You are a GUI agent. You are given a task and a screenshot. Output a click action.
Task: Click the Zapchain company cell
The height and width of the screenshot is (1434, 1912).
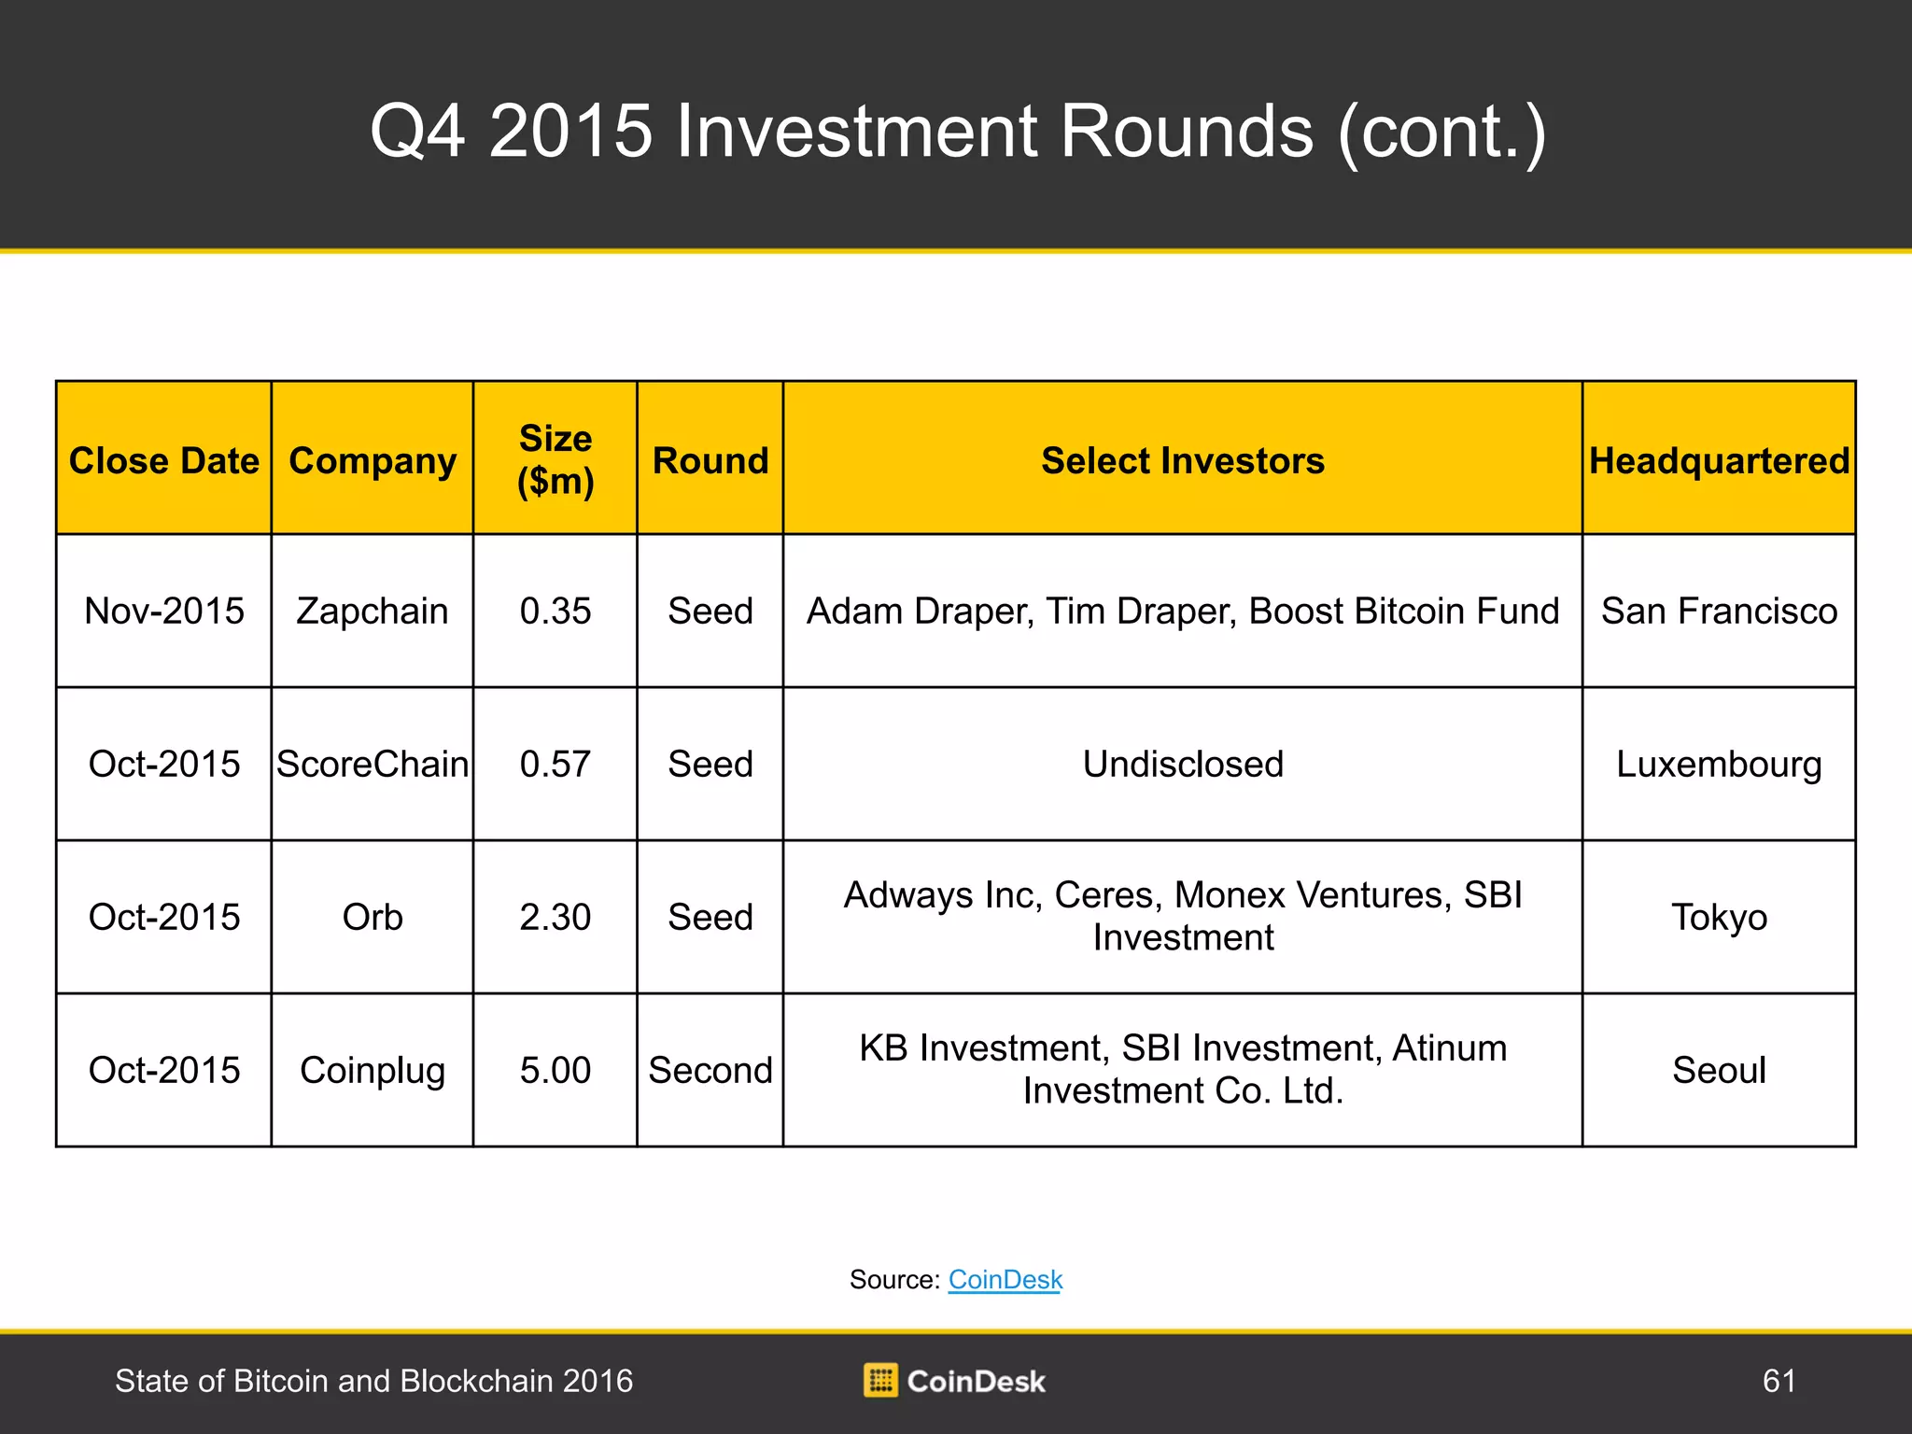coord(373,612)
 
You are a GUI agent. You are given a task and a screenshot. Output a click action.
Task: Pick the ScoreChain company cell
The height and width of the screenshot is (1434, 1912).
coord(373,764)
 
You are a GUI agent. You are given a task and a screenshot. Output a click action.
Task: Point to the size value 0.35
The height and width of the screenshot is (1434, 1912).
coord(555,612)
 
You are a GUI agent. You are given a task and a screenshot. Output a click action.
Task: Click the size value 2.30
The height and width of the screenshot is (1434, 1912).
coord(555,917)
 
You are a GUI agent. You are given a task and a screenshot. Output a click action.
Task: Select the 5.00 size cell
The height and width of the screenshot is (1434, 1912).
coord(555,1070)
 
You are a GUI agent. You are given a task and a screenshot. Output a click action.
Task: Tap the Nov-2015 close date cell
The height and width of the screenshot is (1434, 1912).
coord(164,612)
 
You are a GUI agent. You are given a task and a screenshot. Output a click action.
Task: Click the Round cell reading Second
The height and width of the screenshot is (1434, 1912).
coord(710,1070)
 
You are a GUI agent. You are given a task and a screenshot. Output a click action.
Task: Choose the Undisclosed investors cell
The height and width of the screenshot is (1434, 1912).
coord(1183,764)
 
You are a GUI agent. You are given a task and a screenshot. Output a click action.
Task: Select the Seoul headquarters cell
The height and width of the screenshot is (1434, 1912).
coord(1720,1070)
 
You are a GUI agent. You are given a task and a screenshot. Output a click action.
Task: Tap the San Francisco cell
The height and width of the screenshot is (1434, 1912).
coord(1720,612)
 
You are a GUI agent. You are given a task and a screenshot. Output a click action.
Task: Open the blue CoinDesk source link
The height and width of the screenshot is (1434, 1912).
coord(1005,1280)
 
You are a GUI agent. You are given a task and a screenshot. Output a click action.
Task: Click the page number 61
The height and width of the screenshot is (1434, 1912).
coord(1778,1381)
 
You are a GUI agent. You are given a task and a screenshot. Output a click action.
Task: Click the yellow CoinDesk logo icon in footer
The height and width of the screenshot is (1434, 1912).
coord(880,1380)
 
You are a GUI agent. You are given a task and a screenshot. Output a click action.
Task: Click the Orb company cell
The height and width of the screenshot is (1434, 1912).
coord(373,917)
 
